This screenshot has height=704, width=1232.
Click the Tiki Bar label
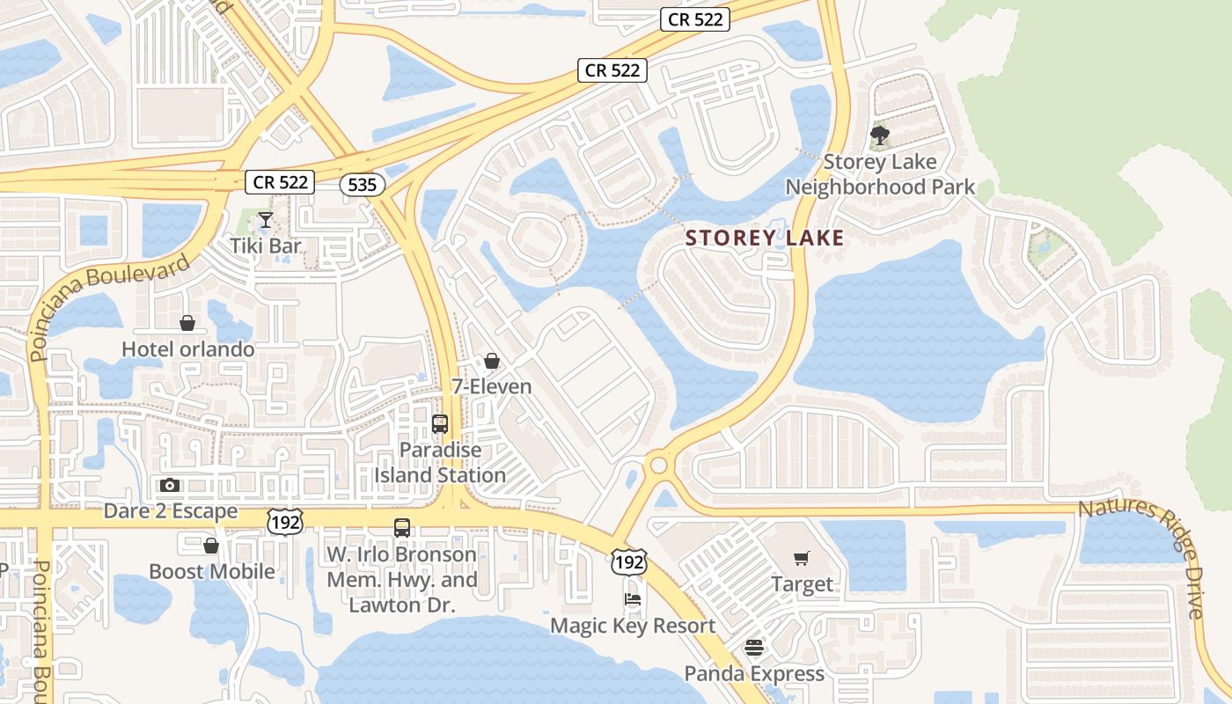(266, 246)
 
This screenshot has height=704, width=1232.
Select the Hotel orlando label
(187, 349)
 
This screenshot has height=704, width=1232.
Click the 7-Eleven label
(492, 386)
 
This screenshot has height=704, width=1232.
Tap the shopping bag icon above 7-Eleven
(492, 361)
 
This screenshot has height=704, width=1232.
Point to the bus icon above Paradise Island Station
(440, 424)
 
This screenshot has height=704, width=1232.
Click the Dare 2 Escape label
(171, 511)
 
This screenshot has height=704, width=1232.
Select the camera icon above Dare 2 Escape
(170, 485)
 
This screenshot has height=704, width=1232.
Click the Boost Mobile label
(211, 572)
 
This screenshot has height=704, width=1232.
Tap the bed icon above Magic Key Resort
(633, 600)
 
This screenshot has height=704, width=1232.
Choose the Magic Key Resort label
(633, 626)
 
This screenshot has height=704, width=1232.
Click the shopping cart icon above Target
(802, 558)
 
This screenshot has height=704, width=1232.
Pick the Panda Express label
(755, 674)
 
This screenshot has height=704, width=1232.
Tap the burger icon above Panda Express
(754, 649)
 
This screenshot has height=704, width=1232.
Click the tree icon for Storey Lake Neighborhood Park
(879, 136)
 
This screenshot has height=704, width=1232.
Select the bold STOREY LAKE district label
(765, 238)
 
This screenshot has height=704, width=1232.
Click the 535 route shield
(362, 185)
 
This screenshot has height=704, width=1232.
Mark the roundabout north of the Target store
(658, 465)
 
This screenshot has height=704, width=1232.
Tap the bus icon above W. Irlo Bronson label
(402, 528)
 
